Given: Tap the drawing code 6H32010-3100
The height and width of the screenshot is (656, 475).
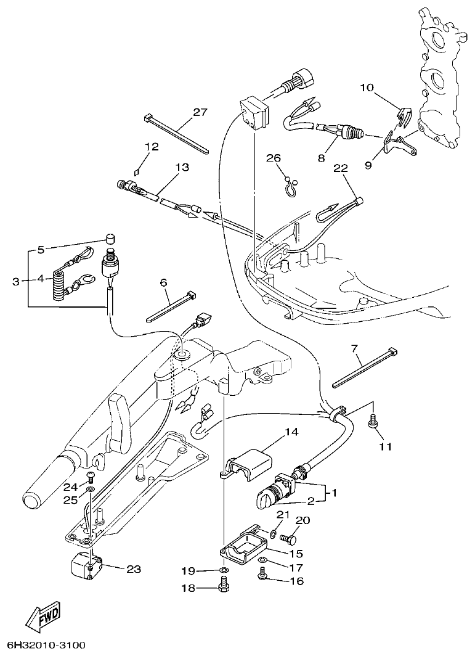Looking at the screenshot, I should pos(43,646).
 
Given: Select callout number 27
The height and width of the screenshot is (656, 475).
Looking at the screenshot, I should pos(200,112).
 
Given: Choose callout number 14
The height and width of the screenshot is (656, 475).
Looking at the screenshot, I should pos(291,432).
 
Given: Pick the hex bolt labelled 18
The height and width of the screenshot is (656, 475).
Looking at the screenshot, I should pos(224,588).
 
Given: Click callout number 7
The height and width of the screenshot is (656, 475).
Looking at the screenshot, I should pos(354,349).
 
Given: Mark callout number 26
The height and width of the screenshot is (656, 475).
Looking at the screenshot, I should pos(273,157).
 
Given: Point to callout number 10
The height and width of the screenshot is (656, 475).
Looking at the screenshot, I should pos(367,88).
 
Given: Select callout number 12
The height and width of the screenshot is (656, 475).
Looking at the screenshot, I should pos(152,147).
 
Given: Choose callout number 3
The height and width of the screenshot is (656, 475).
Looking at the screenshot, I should pos(16,282).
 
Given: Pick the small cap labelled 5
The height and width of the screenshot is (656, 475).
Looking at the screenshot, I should pos(110,238).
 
